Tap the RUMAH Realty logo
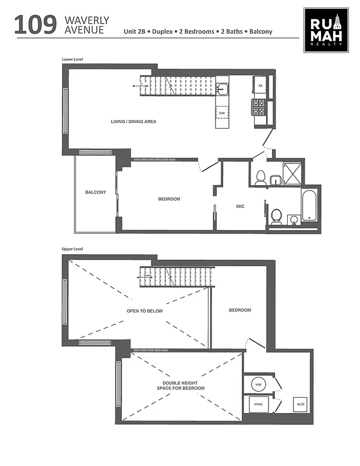point(326,30)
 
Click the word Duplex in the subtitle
point(164,31)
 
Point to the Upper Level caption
point(72,249)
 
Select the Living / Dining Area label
point(133,122)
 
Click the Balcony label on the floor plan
point(96,192)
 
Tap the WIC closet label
point(239,206)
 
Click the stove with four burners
point(258,107)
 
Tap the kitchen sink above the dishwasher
point(222,89)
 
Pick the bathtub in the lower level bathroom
point(309,205)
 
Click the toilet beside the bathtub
point(276,216)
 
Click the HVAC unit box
point(258,404)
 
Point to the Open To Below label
point(145,311)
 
